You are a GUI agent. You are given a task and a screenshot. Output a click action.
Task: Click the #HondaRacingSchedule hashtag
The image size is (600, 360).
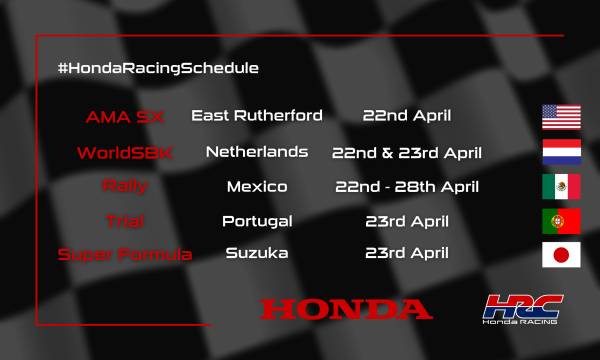[158, 68]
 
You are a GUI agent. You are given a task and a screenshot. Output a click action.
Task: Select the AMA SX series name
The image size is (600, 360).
[124, 117]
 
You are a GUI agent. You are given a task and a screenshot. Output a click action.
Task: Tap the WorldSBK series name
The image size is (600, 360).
[125, 153]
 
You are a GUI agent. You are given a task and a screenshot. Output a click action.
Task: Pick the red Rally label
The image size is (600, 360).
[125, 186]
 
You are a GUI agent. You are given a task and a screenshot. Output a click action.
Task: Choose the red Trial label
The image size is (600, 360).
[125, 220]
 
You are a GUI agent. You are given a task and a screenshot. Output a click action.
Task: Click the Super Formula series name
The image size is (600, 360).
[125, 254]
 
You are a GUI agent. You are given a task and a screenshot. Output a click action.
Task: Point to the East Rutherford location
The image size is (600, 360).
[257, 116]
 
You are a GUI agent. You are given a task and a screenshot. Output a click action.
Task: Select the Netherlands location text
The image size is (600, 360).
[257, 152]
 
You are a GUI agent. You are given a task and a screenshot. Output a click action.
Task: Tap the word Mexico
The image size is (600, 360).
[257, 186]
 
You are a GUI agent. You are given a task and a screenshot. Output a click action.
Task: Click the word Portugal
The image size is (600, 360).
[257, 220]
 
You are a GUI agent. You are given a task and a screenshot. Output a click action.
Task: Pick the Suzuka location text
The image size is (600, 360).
[257, 253]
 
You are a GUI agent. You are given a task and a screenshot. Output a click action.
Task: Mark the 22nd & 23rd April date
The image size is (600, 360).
[407, 153]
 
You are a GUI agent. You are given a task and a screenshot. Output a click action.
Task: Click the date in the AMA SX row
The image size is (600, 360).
[406, 116]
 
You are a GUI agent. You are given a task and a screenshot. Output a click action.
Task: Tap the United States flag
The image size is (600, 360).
[561, 117]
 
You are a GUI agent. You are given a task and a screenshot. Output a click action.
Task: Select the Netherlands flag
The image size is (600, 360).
[561, 152]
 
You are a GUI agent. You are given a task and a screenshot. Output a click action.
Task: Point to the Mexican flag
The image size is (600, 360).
[561, 186]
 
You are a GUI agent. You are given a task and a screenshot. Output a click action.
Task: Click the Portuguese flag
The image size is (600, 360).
[561, 221]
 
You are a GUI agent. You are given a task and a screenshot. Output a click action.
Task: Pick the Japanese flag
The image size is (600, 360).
[561, 255]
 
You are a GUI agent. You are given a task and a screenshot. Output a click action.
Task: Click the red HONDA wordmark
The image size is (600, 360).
[346, 308]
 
